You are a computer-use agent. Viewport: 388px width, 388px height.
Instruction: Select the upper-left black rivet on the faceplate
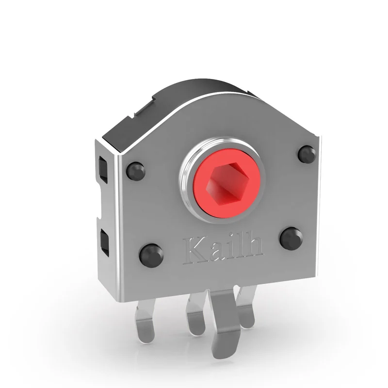[135, 170]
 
